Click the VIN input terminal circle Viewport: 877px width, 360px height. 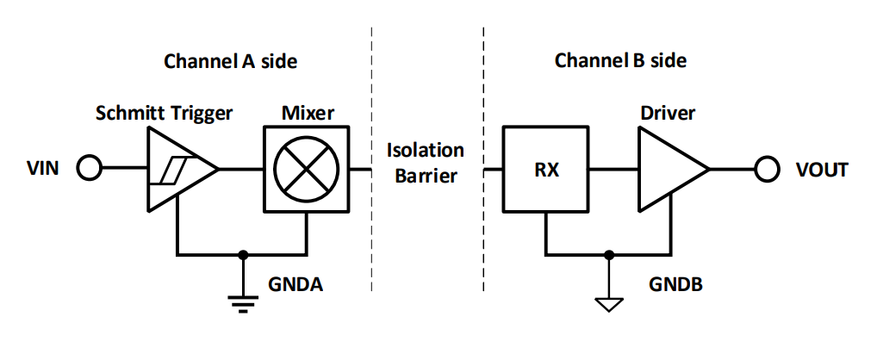coord(89,169)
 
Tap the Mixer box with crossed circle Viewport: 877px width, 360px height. coord(307,169)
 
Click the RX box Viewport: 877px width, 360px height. coord(546,170)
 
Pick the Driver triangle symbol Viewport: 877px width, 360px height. coord(668,170)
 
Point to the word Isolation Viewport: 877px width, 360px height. coord(426,151)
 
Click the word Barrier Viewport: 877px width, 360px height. coord(426,177)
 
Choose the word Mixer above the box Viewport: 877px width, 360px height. coord(307,113)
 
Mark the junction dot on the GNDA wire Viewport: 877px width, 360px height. coord(244,255)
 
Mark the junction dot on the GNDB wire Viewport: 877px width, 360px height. coord(609,255)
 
